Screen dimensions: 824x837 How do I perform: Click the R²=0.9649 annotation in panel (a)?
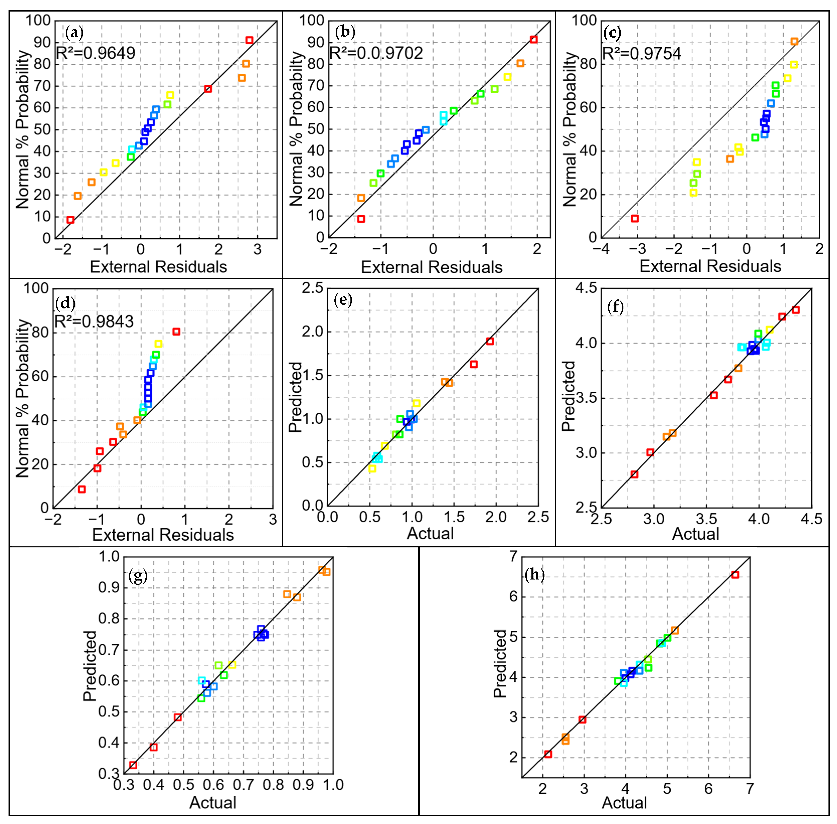pos(96,53)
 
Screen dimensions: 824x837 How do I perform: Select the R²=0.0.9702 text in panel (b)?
pos(376,53)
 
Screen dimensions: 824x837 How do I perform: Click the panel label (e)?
pos(343,299)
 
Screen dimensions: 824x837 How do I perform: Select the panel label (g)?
pos(138,575)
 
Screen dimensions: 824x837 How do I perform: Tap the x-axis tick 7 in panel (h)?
pos(750,788)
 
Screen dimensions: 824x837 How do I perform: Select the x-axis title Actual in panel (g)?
pos(213,803)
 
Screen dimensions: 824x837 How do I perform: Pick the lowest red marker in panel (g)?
pos(133,765)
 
